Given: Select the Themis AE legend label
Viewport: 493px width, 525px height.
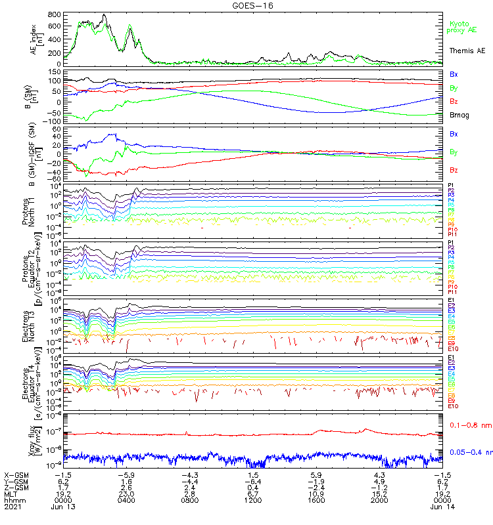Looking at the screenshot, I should click(467, 51).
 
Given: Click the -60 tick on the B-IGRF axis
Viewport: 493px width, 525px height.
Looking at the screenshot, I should click(55, 178).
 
